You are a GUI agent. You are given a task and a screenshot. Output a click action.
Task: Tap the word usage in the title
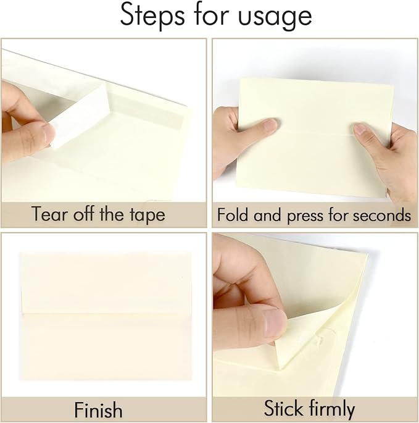[275, 17]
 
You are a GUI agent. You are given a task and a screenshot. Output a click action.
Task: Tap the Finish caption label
[99, 409]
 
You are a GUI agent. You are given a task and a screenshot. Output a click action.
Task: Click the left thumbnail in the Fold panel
[269, 125]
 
